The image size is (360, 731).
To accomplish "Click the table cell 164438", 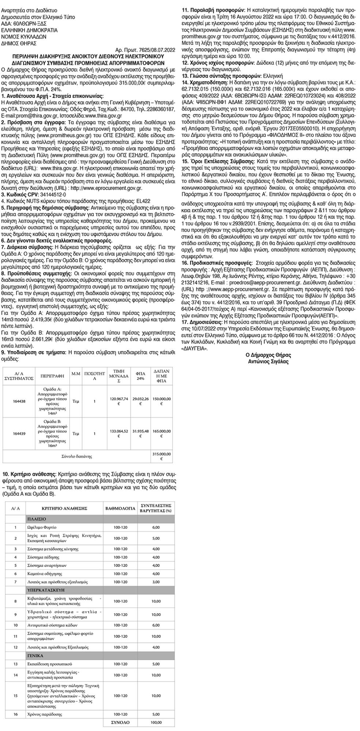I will (19, 401).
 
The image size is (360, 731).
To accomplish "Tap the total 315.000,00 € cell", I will (161, 456).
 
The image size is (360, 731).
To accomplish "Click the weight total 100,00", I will (156, 723).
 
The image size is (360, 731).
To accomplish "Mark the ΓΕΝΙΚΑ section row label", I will (35, 655).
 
